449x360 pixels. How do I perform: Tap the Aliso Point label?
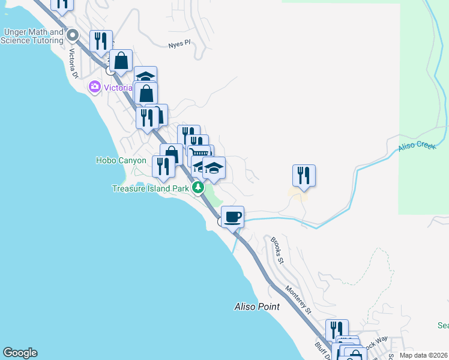pos(256,307)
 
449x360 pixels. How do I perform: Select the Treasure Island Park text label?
pos(151,188)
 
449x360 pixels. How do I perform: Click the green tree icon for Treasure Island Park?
pos(199,188)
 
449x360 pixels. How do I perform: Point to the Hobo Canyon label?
pos(121,160)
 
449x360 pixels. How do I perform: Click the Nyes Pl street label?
pos(179,43)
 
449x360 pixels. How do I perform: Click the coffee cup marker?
pos(232,216)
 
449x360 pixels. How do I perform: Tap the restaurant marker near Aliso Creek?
pos(304,175)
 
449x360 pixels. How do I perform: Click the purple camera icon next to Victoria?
pos(94,88)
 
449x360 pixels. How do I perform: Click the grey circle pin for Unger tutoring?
pos(73,35)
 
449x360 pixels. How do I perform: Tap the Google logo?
pos(19,353)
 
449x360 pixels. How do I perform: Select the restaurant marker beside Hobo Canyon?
pos(163,166)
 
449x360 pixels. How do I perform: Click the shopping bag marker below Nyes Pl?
pos(121,60)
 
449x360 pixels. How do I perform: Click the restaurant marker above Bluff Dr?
pos(337,329)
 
